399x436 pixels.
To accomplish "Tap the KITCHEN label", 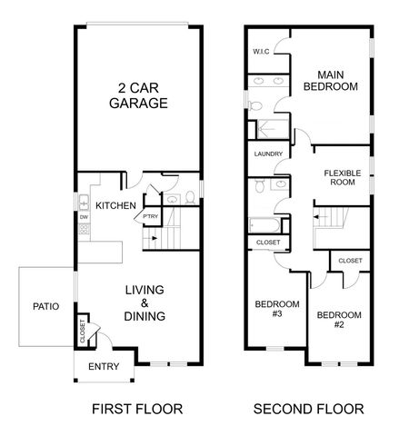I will click(x=115, y=205).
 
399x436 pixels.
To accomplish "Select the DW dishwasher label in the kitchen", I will click(x=83, y=217).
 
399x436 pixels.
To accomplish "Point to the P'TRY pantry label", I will click(x=151, y=216).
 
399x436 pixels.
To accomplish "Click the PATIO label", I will click(x=45, y=307).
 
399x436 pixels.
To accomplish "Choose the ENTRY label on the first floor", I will click(x=103, y=367).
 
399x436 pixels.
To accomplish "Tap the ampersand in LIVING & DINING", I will click(x=145, y=303).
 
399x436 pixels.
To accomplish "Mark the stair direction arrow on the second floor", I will click(x=318, y=217).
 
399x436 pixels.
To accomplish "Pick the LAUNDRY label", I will click(x=268, y=154).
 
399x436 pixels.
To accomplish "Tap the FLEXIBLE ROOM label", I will click(x=343, y=176).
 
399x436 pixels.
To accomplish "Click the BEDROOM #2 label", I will click(x=338, y=320).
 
